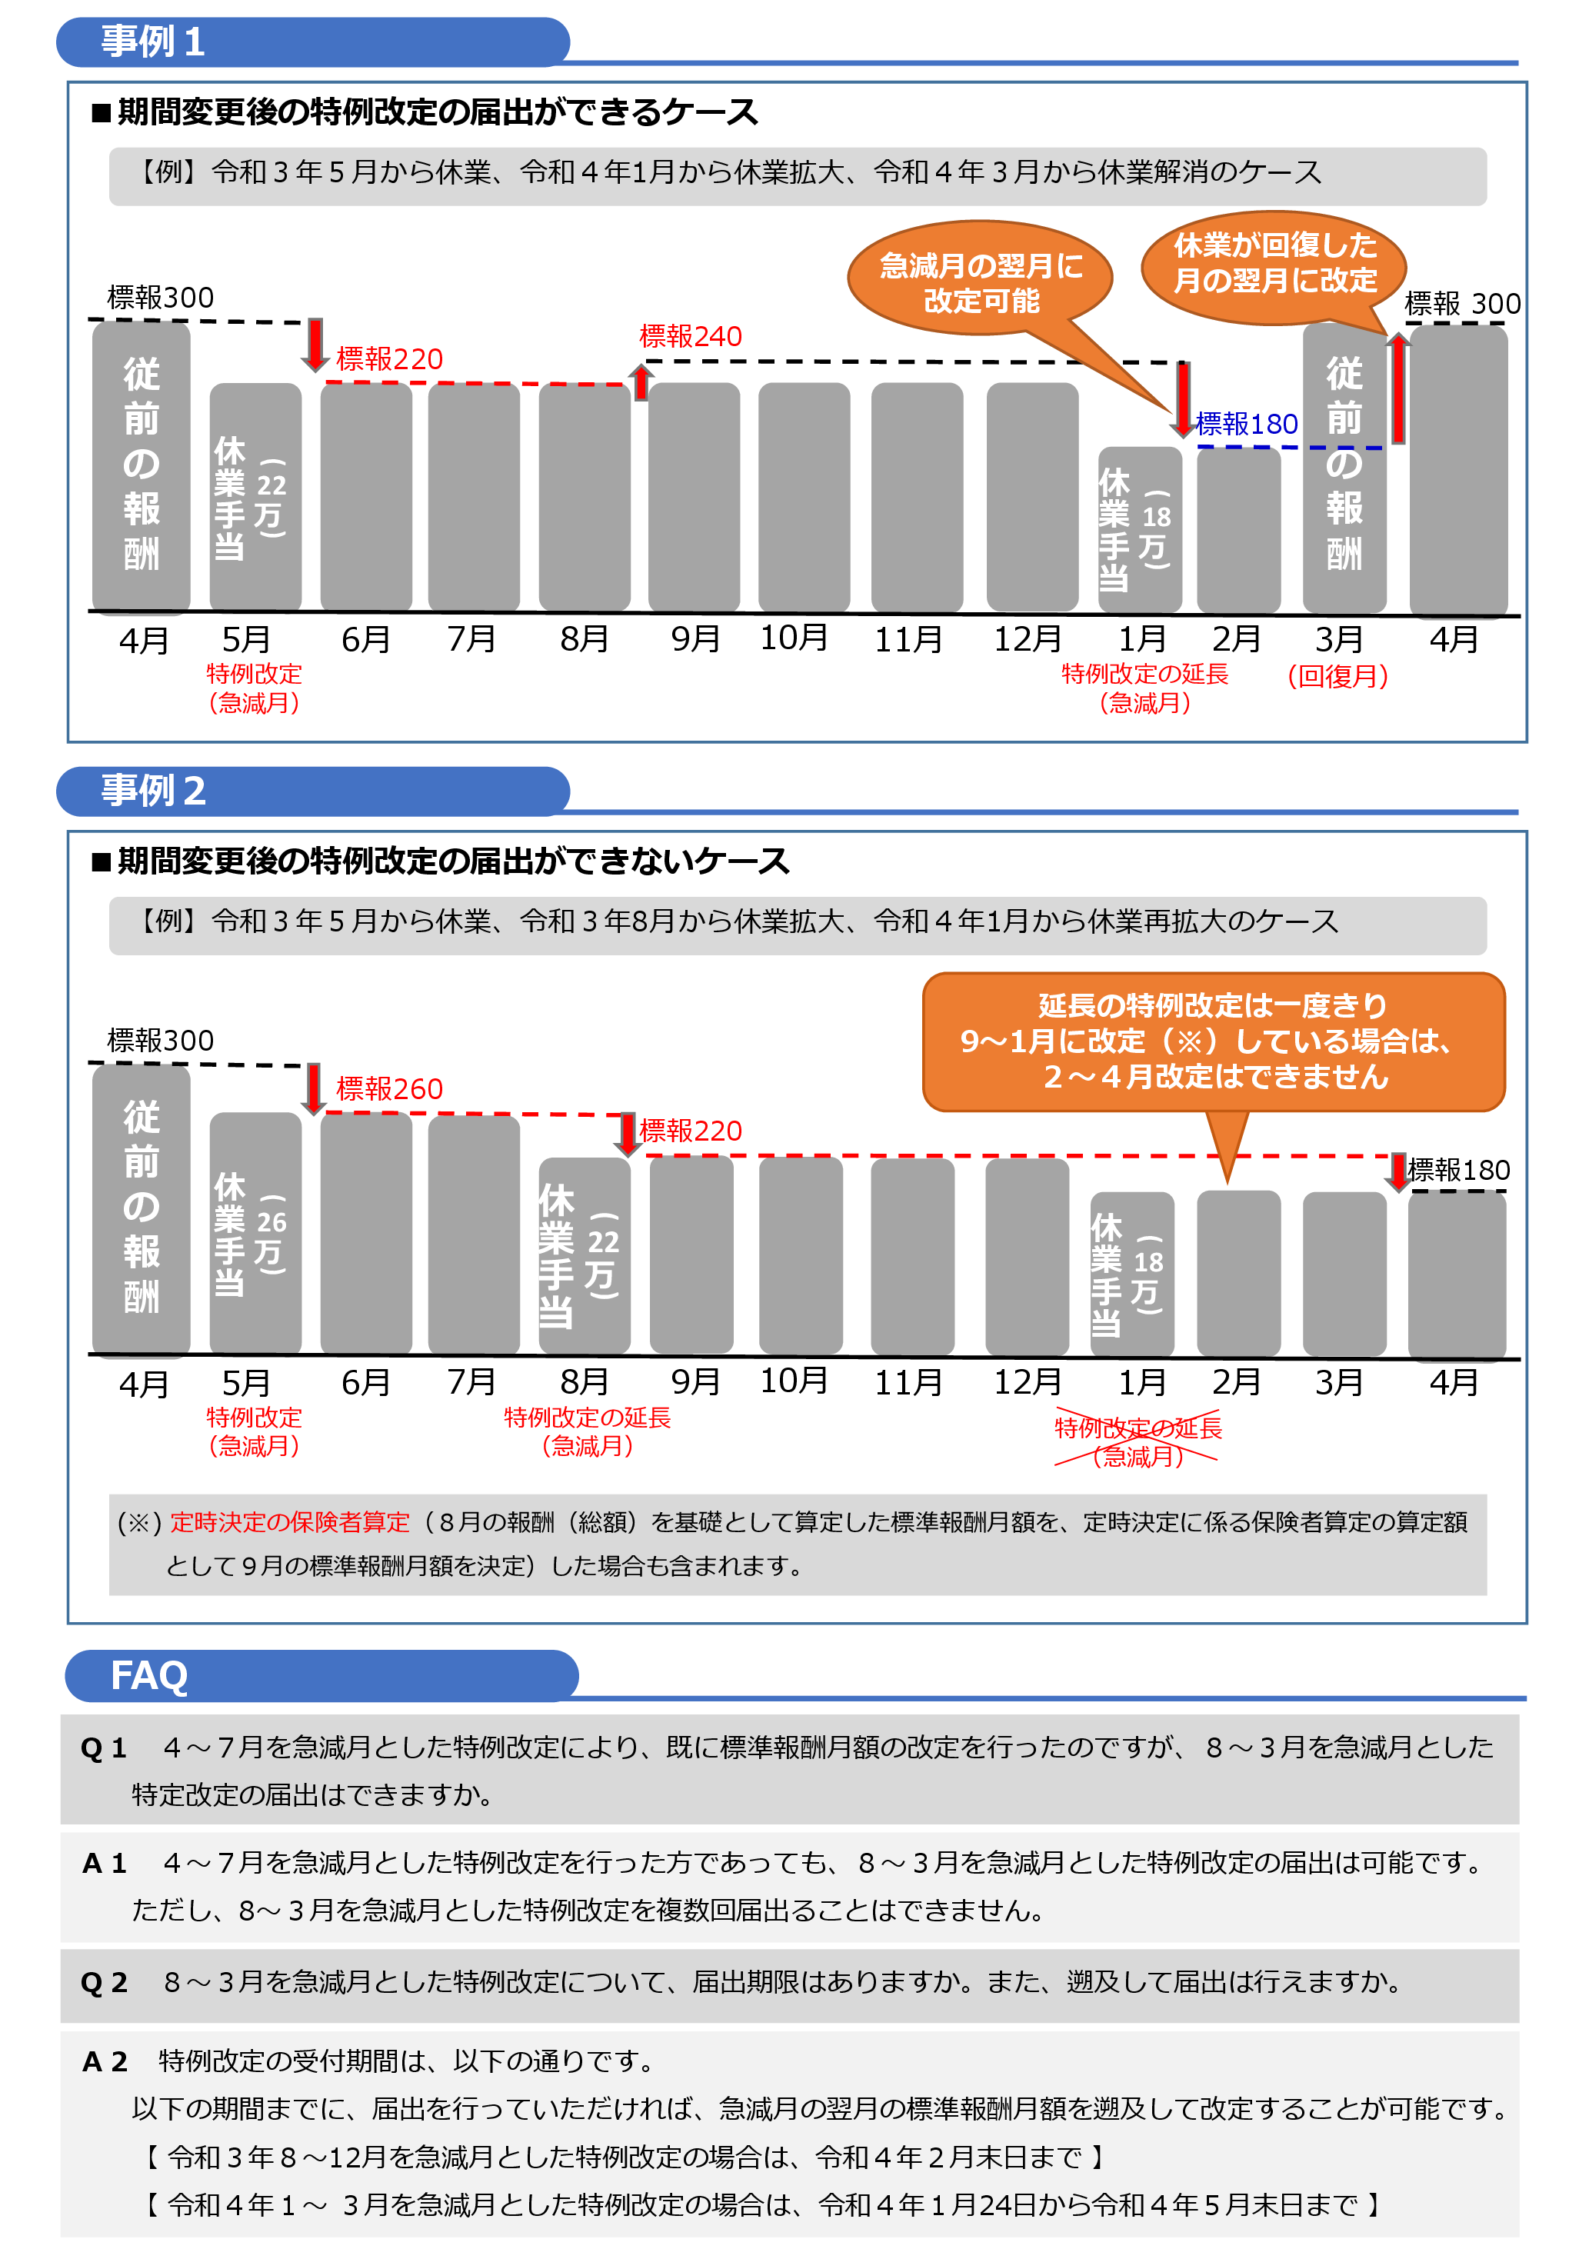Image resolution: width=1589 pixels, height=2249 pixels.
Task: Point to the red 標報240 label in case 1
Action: click(x=690, y=337)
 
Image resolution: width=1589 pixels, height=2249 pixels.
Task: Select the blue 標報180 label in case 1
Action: click(x=1246, y=424)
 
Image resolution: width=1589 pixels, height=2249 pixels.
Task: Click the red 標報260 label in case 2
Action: click(x=389, y=1088)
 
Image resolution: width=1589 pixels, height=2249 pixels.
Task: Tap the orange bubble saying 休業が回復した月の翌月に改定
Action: click(x=1274, y=262)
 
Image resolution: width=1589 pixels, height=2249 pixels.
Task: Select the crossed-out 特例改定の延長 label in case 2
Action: click(x=1138, y=1428)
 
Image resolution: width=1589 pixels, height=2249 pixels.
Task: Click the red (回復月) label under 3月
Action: click(x=1337, y=676)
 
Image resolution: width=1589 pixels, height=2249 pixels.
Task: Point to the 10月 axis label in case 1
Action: click(x=794, y=638)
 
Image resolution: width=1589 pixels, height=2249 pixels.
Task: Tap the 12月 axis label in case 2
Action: click(x=1027, y=1382)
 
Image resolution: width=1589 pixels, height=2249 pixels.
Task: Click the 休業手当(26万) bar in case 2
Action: click(x=255, y=1232)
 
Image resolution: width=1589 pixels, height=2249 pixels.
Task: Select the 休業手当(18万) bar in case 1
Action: click(x=1138, y=529)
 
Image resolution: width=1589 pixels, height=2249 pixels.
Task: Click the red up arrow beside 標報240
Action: click(x=641, y=382)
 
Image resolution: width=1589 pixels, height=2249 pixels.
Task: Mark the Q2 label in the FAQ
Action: click(x=104, y=1983)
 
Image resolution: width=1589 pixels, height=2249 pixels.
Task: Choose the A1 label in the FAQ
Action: click(x=104, y=1863)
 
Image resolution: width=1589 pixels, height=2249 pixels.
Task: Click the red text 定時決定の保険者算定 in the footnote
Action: click(x=290, y=1522)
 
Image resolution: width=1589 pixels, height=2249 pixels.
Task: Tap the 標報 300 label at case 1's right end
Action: click(x=1461, y=304)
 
